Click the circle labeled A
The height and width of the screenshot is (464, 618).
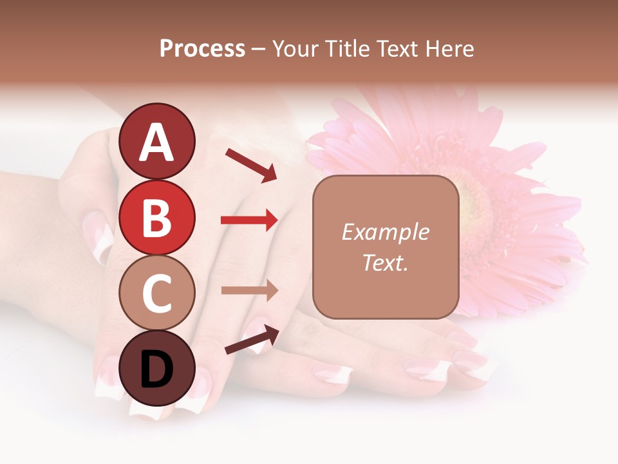point(157,141)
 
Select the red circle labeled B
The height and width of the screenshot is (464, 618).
point(157,217)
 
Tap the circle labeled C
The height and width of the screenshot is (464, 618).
point(157,293)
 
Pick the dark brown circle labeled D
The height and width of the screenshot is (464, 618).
point(157,368)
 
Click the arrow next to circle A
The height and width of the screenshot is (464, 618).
point(251,165)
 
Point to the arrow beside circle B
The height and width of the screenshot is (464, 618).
point(249,220)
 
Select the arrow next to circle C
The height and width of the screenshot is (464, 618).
point(249,291)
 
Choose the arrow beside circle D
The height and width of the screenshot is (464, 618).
point(252,340)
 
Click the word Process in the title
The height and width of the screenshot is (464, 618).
point(202,48)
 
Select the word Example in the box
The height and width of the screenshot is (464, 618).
point(385,232)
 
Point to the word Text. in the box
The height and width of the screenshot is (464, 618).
point(385,262)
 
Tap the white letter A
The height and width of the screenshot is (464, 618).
point(157,142)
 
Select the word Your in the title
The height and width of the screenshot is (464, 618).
point(297,48)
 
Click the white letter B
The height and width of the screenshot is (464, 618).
point(157,218)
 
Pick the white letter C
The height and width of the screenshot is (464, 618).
point(157,293)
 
